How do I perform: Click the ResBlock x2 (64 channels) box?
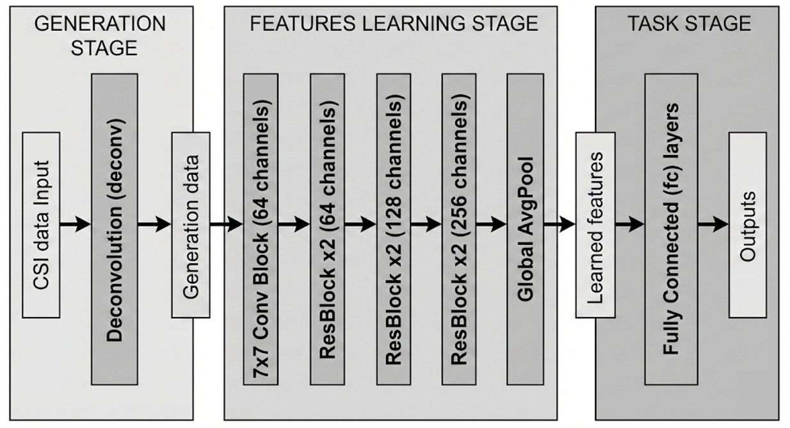(x=328, y=229)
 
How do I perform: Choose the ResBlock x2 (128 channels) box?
(x=394, y=229)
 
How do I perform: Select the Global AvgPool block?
(x=525, y=229)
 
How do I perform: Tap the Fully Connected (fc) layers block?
(x=671, y=229)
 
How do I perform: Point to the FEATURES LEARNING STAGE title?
(x=394, y=24)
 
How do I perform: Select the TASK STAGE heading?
(x=689, y=24)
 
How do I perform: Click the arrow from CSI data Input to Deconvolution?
(x=76, y=224)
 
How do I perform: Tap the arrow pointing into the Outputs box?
(x=713, y=224)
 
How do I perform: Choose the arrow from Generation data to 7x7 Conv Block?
(x=226, y=224)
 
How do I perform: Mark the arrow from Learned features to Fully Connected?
(x=630, y=224)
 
